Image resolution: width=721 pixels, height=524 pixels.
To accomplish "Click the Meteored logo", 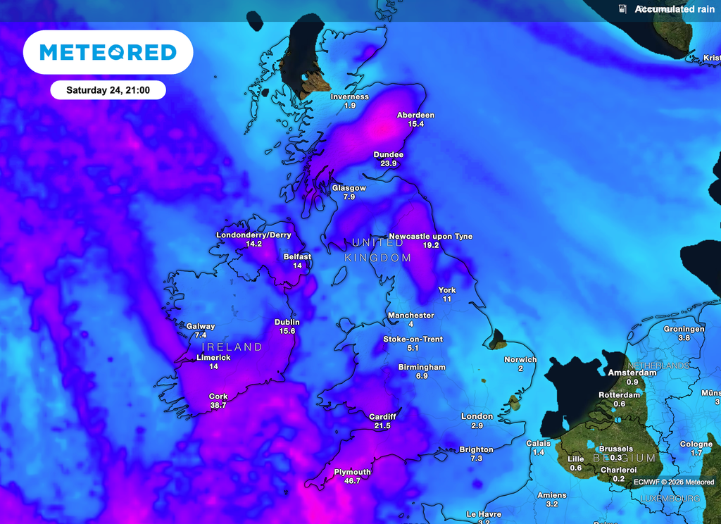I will pyautogui.click(x=108, y=52).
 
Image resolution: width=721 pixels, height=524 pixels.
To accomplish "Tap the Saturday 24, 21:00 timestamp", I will pyautogui.click(x=108, y=90).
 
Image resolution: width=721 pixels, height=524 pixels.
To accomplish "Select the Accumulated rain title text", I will pyautogui.click(x=675, y=9).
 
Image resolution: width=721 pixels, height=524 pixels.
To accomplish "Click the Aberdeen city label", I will pyautogui.click(x=415, y=115).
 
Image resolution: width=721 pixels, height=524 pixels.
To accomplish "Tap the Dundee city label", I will pyautogui.click(x=388, y=154).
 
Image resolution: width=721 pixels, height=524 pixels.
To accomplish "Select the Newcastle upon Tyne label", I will pyautogui.click(x=430, y=237).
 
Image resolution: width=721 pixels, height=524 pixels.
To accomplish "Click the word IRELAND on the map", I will pyautogui.click(x=232, y=347).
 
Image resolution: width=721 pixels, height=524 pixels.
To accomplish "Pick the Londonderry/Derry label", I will pyautogui.click(x=253, y=235).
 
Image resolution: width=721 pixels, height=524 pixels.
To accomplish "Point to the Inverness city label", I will pyautogui.click(x=350, y=96).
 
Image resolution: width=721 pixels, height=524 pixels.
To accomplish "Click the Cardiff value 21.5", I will pyautogui.click(x=382, y=426).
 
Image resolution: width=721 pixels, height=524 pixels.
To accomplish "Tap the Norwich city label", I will pyautogui.click(x=520, y=360).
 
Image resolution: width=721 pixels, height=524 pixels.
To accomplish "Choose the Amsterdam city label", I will pyautogui.click(x=632, y=373).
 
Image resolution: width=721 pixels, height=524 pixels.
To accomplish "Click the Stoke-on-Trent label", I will pyautogui.click(x=413, y=339).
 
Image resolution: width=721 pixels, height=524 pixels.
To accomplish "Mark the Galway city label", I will pyautogui.click(x=201, y=326).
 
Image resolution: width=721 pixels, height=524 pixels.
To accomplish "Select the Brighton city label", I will pyautogui.click(x=476, y=449).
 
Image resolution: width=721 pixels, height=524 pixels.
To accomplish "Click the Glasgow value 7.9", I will pyautogui.click(x=349, y=197).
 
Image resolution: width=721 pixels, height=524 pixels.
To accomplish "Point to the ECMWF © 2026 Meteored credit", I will pyautogui.click(x=673, y=482).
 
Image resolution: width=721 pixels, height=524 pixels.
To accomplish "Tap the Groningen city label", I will pyautogui.click(x=684, y=329).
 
